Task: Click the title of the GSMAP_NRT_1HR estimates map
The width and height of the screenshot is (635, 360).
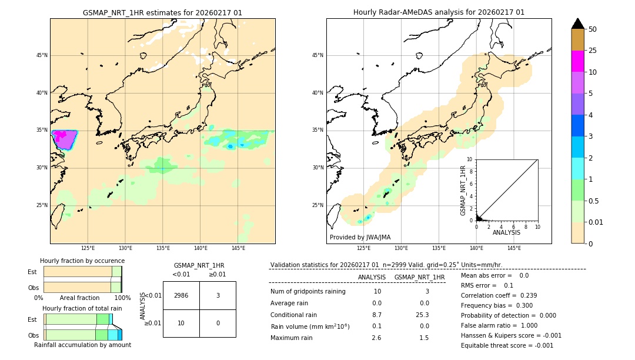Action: click(162, 12)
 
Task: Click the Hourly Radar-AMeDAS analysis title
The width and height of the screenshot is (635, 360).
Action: click(439, 12)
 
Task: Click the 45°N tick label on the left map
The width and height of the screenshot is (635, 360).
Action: click(42, 55)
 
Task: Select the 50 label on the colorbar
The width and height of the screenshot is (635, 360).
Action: click(593, 29)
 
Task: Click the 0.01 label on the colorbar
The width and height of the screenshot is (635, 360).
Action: click(595, 222)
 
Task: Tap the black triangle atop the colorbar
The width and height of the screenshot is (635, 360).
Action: click(578, 24)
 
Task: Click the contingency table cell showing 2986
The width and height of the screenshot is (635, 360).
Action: click(181, 295)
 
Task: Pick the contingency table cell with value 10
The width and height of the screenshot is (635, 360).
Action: click(181, 323)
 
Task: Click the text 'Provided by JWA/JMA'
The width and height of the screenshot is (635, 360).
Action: click(360, 237)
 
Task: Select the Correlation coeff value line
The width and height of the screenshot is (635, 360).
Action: click(499, 295)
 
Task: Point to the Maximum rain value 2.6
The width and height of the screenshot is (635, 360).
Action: click(376, 338)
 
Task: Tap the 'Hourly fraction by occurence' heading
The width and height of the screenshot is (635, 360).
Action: click(82, 261)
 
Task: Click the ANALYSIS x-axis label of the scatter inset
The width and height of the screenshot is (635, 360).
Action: click(506, 232)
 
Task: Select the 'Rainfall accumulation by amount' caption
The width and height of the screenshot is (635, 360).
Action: click(82, 345)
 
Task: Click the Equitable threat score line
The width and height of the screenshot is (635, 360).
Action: click(507, 345)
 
